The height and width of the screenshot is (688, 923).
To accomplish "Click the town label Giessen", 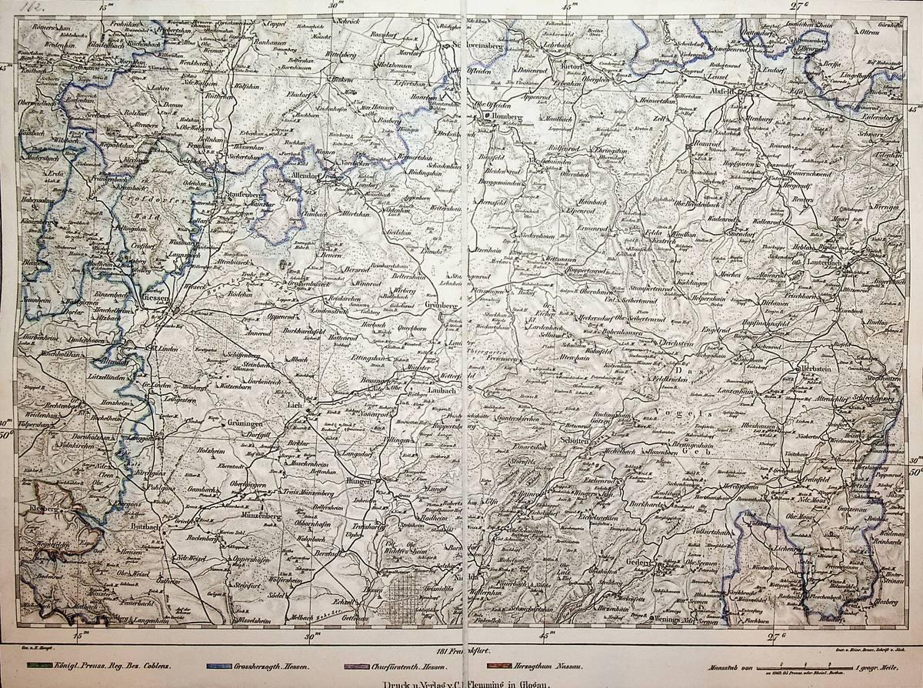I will coord(161,298).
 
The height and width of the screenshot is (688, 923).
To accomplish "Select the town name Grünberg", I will coord(440,306).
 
